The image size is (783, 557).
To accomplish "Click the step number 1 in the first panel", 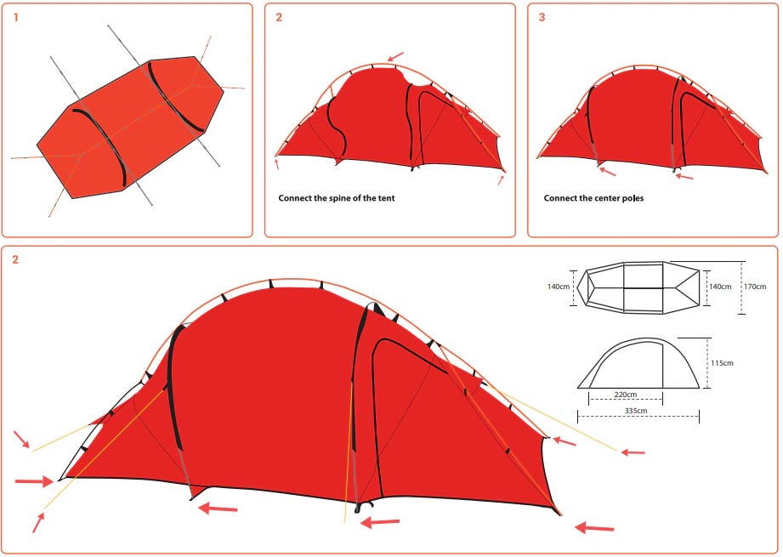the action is coord(16,18).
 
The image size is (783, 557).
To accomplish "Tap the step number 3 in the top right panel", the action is coord(542,18).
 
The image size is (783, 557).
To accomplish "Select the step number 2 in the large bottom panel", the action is coord(15,259).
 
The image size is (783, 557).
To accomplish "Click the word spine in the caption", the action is coord(339,198).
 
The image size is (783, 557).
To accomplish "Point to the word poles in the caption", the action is coord(633,198).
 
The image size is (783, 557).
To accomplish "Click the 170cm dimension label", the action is coord(755,287).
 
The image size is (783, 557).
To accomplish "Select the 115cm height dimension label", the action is coord(722,363).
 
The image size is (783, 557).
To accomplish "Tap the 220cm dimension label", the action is coord(626,395).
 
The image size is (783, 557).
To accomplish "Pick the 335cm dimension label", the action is coord(636,411).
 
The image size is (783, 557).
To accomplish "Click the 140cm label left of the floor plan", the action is coord(559,287).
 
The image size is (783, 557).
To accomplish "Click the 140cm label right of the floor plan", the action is coord(720,287).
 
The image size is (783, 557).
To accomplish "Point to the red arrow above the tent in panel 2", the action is coord(395,56).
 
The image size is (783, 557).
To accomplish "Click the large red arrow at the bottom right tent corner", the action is coord(594,527).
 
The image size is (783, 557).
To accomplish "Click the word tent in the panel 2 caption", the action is coord(386,198).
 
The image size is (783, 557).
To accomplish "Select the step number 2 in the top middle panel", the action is coord(279,18).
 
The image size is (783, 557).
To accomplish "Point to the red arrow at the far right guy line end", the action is coord(633,452).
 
